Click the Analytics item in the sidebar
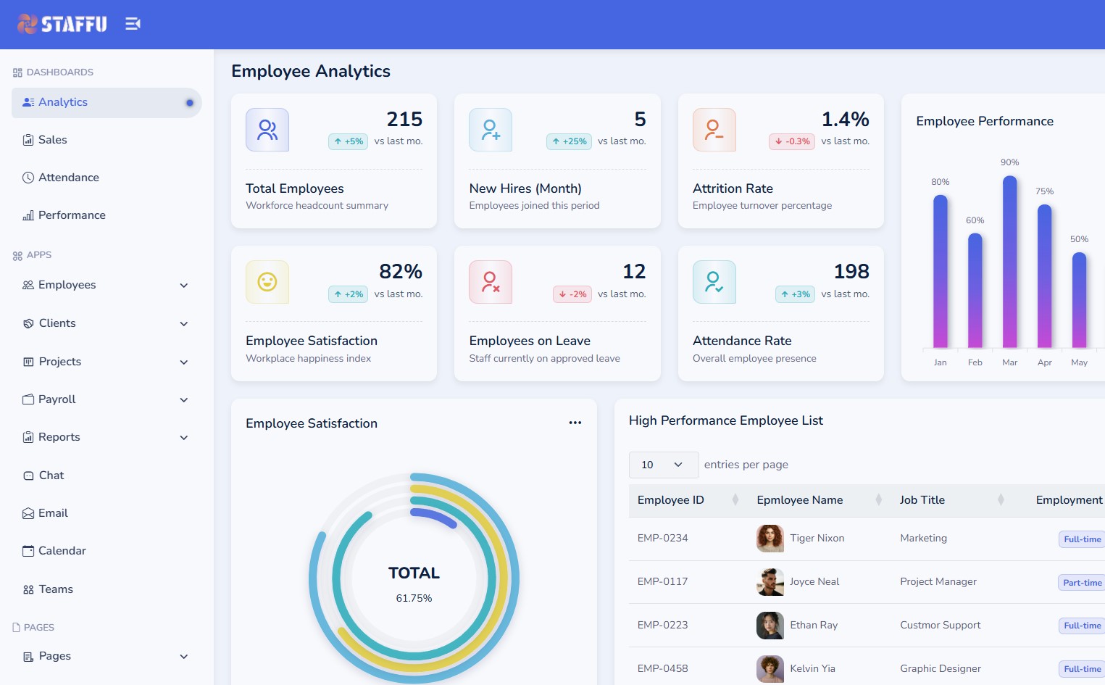63,102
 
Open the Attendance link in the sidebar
68,178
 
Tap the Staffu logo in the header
62,24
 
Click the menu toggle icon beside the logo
133,24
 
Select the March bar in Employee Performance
1009,261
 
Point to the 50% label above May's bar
1079,239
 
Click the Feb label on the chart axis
975,362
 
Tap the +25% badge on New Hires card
570,141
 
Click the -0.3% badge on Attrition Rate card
793,141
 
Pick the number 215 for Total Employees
404,119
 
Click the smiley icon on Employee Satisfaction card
267,282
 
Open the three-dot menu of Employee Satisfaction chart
575,423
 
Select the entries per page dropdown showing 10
663,465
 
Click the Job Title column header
922,500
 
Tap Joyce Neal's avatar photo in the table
770,582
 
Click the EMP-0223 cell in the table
662,625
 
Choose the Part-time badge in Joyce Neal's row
1082,583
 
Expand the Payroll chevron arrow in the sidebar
184,400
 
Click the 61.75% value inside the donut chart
414,598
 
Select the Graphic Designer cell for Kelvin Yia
940,668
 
